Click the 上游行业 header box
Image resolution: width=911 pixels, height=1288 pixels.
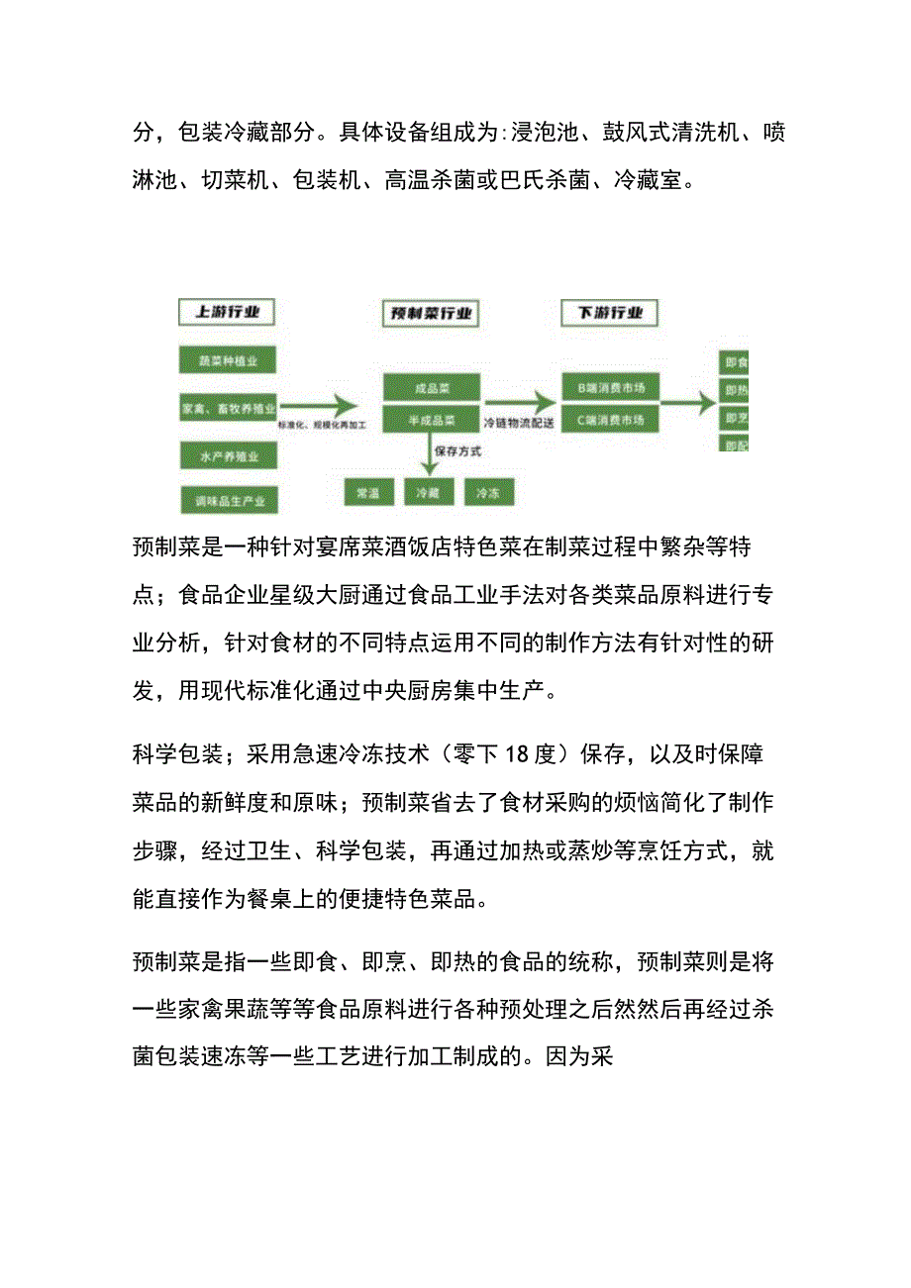click(227, 313)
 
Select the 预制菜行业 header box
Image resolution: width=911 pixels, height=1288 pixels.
click(430, 314)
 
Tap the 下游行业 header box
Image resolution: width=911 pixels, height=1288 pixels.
click(609, 313)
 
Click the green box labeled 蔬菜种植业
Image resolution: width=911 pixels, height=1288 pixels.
click(227, 360)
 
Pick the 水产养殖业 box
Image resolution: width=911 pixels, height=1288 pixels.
click(227, 455)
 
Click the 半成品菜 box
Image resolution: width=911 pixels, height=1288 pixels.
click(431, 419)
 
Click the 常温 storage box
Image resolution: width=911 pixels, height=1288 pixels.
click(368, 492)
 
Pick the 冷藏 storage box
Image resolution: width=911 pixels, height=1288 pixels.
click(429, 492)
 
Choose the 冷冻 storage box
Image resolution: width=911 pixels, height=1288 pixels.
click(488, 492)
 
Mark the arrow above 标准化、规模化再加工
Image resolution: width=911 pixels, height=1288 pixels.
click(318, 404)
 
